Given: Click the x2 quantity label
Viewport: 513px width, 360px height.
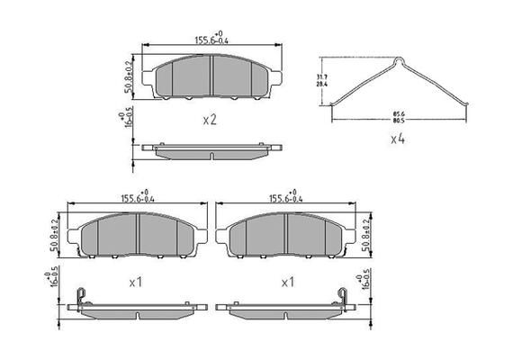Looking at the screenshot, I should [x=210, y=119].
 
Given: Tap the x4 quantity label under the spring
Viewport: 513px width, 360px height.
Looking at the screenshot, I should [x=397, y=139].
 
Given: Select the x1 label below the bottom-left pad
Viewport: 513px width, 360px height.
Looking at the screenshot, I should [x=136, y=282].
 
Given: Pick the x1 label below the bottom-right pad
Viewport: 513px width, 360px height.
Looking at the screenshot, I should [x=288, y=282].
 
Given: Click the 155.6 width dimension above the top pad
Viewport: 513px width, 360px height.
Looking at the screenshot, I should [x=211, y=39].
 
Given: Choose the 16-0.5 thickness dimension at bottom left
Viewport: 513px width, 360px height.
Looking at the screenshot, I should [x=55, y=282].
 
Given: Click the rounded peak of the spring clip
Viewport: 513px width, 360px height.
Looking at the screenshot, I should [x=399, y=62].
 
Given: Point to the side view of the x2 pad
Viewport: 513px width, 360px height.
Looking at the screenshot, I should [x=211, y=149].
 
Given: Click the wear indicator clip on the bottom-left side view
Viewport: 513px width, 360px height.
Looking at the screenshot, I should [x=80, y=296].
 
